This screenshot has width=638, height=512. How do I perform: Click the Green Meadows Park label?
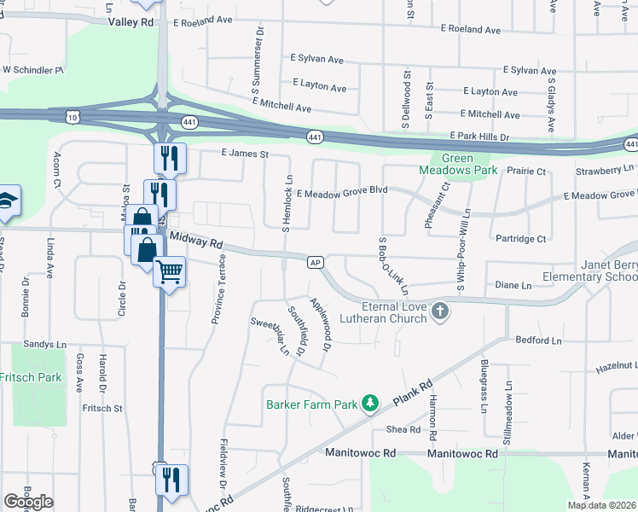point(458,164)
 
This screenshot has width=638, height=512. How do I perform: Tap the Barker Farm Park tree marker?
point(370,402)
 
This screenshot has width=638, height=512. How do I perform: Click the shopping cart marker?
point(170,271)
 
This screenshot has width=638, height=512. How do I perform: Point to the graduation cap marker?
point(7,201)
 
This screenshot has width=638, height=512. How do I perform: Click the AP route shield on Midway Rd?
point(316,262)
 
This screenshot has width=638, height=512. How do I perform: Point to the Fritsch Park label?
point(31,376)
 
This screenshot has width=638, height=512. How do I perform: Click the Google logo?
point(28,502)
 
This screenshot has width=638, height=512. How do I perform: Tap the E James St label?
point(245,154)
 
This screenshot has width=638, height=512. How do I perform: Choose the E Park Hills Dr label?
point(479,137)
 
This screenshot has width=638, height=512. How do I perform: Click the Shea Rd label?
point(403,429)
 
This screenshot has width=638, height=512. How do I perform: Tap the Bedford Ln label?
point(539,340)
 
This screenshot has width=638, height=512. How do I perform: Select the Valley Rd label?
point(131,21)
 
